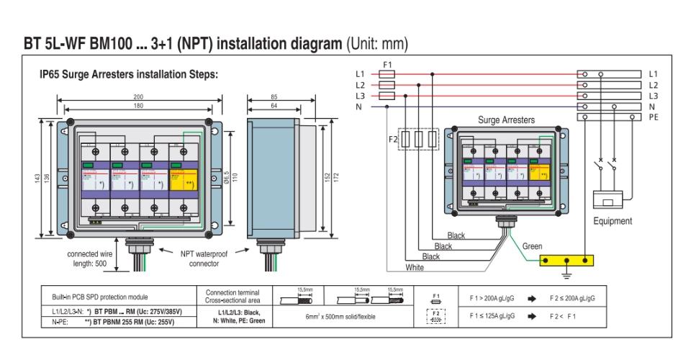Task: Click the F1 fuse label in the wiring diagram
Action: pos(387,65)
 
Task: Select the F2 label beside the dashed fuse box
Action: pos(393,138)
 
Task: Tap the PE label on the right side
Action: pos(654,117)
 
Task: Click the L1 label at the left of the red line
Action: pos(360,74)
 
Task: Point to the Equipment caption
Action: pos(613,221)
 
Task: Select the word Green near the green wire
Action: pos(533,246)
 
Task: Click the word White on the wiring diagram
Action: pos(415,268)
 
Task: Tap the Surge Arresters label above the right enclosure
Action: pos(507,120)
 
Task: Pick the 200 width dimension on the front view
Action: pos(138,97)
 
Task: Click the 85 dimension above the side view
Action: pos(274,97)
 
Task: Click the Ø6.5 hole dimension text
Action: pos(226,176)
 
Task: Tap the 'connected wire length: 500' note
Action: pos(90,258)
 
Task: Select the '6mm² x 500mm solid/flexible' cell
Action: pos(341,315)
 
